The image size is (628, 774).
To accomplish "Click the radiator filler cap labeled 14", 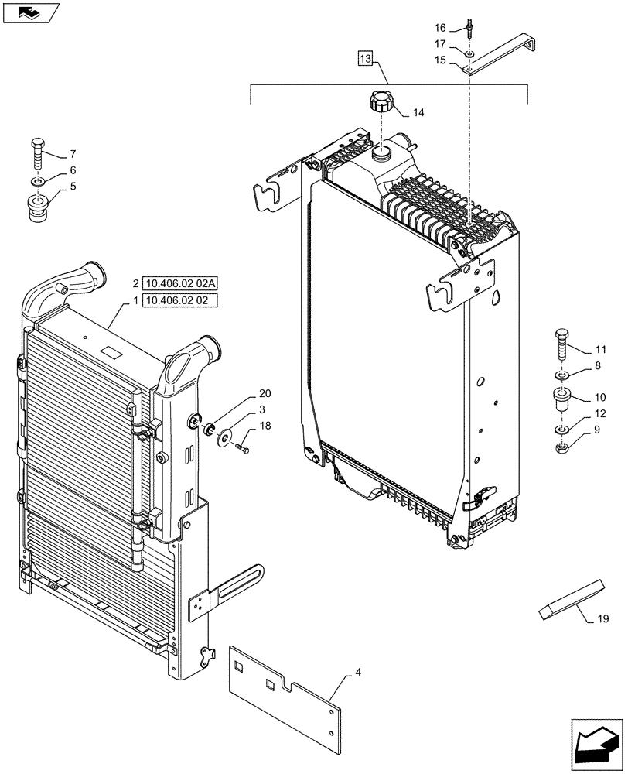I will [x=381, y=101].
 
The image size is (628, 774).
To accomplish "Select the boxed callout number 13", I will [x=366, y=59].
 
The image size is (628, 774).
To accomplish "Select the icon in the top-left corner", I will [x=29, y=12].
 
